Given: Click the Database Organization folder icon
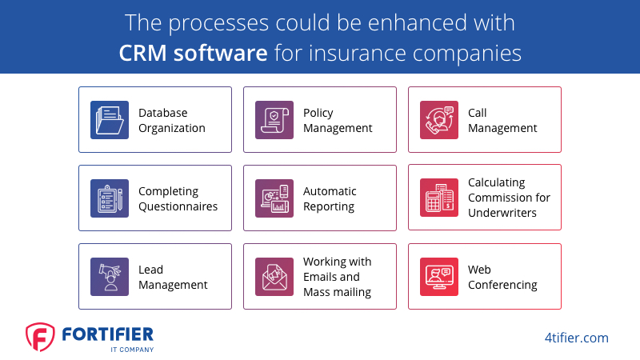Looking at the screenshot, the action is (x=110, y=120).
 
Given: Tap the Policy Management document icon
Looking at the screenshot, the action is (x=274, y=120).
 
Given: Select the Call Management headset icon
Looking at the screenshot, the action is (x=439, y=120).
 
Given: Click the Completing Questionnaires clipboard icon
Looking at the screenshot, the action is (x=110, y=198).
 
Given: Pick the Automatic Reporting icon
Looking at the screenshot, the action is (x=274, y=198).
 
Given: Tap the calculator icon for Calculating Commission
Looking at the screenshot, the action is (x=439, y=198).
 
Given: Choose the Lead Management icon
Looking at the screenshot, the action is (x=110, y=277).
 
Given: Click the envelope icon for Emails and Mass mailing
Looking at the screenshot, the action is (x=274, y=277).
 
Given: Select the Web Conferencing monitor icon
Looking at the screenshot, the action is (x=439, y=277).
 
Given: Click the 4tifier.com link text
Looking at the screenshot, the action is (x=576, y=338).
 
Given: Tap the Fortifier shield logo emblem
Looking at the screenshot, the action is (x=40, y=337).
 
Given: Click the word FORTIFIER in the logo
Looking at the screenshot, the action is (x=108, y=334).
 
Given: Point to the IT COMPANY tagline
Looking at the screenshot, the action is (x=132, y=350).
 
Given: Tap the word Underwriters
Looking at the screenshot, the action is (x=502, y=213).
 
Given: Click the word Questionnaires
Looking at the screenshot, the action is (x=178, y=206).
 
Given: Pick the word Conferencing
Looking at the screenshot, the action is (x=502, y=285).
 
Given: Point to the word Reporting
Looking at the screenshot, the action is (x=329, y=207).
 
